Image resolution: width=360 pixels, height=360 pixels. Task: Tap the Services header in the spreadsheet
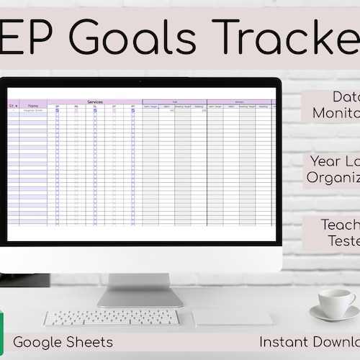click(94, 102)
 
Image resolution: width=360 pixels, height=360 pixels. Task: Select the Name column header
click(33, 106)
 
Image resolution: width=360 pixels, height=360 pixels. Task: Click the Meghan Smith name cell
click(33, 111)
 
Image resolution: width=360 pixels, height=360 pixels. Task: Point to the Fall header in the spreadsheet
click(174, 102)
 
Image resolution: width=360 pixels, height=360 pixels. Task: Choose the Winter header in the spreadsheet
click(239, 102)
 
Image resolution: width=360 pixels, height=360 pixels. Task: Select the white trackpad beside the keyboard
click(233, 318)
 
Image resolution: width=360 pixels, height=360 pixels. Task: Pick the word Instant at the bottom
click(282, 342)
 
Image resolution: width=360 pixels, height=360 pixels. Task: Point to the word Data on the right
click(346, 96)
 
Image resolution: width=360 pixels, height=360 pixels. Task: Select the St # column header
click(13, 106)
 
